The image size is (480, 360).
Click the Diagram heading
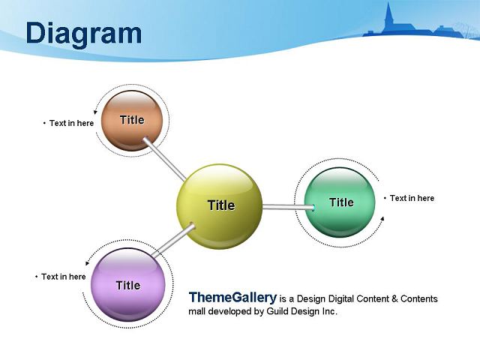tap(84, 34)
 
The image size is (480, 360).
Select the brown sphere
tap(132, 121)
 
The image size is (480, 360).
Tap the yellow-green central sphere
tap(220, 207)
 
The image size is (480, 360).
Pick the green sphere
tap(340, 202)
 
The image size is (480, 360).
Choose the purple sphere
tap(128, 284)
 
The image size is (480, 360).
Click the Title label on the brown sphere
tap(132, 120)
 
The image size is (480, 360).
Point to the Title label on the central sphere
tap(221, 205)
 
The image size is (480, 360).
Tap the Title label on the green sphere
tap(342, 202)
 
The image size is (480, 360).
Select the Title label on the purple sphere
tap(128, 285)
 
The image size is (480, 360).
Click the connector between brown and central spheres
tap(164, 159)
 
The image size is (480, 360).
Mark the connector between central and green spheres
tap(289, 207)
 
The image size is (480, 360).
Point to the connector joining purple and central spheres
tap(173, 241)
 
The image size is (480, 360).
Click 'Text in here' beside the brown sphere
tap(72, 123)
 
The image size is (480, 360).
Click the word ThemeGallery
tap(232, 297)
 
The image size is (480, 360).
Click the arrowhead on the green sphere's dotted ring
tap(382, 218)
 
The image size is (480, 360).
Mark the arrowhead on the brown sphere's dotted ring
tap(95, 112)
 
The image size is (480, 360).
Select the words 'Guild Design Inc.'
tap(301, 311)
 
